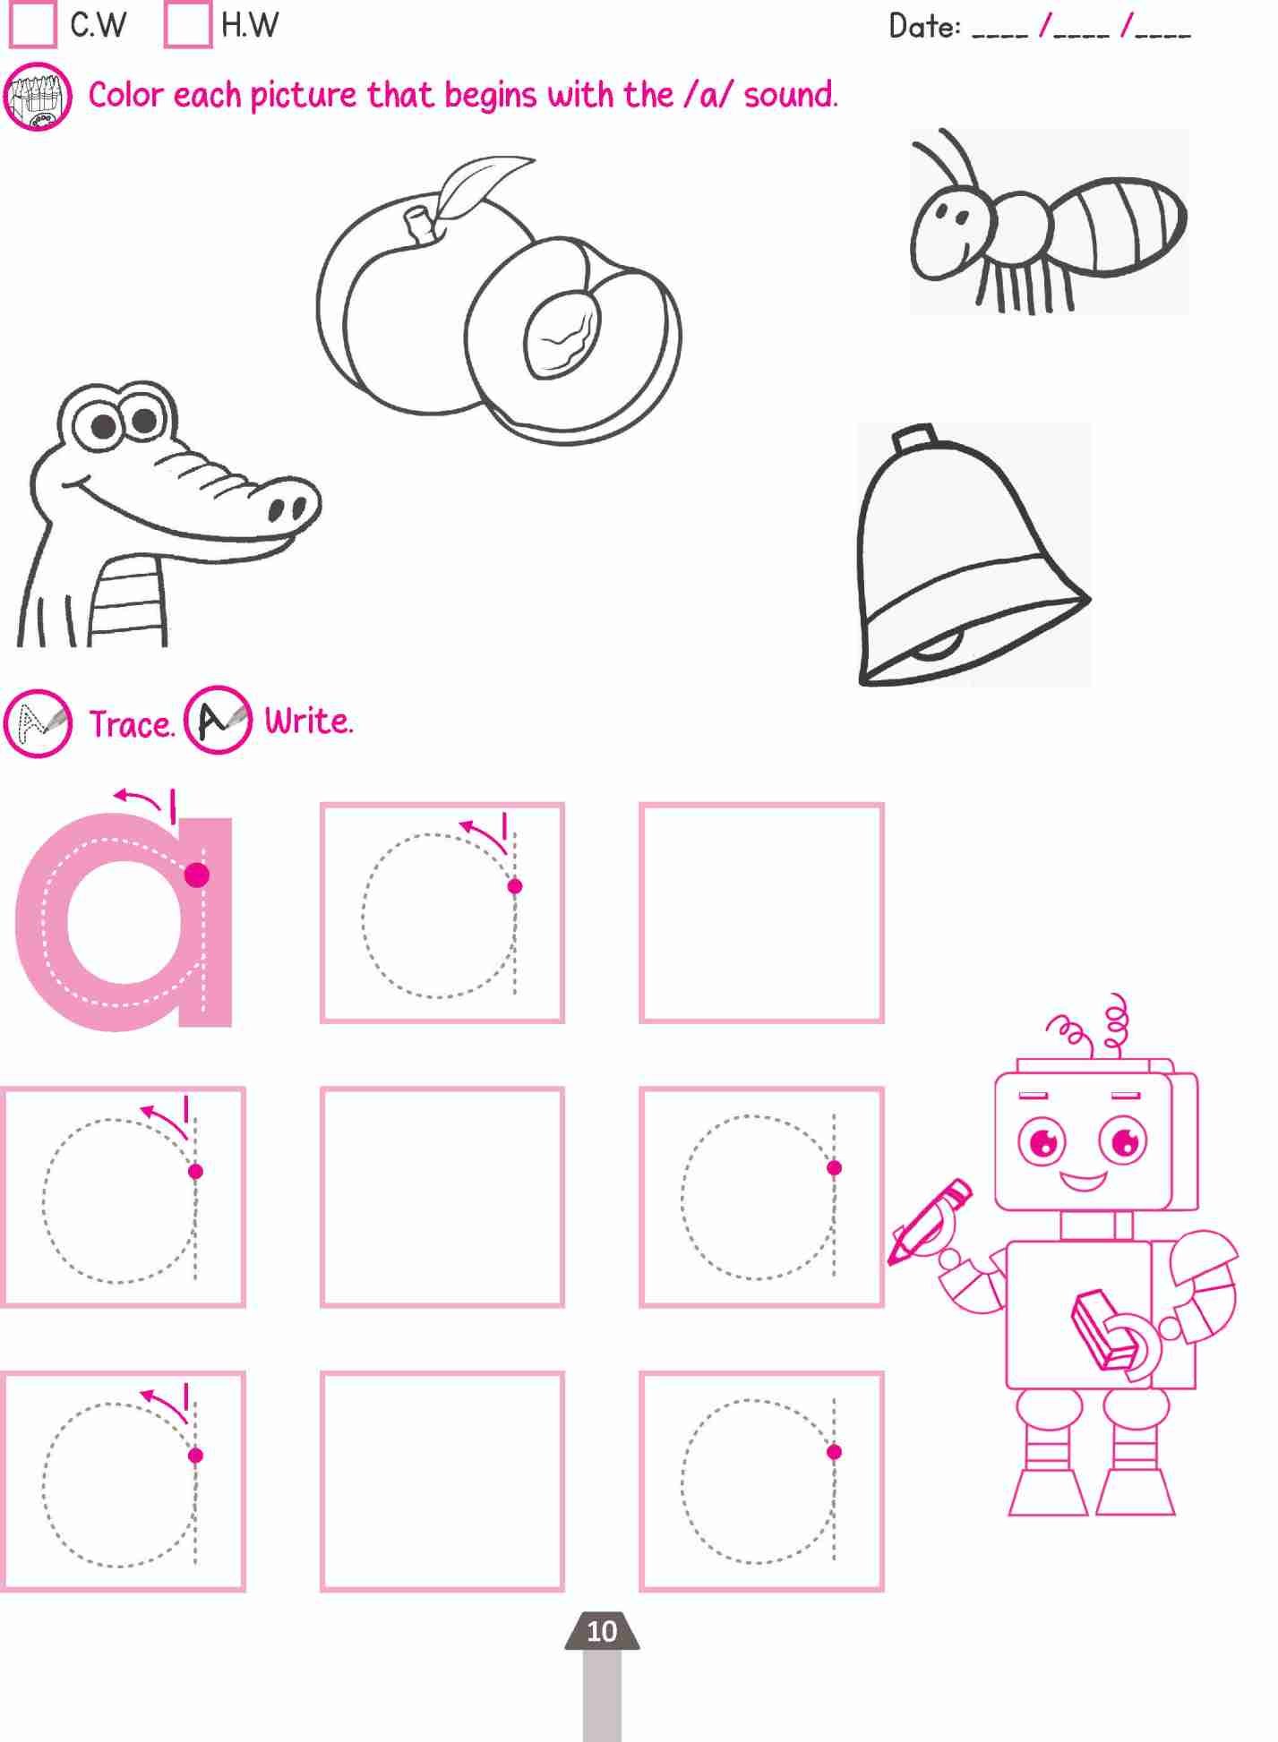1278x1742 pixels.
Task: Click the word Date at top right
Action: click(924, 26)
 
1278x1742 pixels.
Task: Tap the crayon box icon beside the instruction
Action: click(38, 97)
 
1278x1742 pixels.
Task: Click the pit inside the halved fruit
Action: click(562, 332)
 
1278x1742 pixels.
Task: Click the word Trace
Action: click(132, 723)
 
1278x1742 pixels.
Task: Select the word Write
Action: click(308, 721)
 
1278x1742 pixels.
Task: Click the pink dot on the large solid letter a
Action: click(196, 875)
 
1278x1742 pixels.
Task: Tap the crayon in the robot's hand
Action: click(929, 1220)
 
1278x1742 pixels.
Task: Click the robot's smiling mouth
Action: click(1084, 1181)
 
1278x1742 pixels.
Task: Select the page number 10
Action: click(602, 1631)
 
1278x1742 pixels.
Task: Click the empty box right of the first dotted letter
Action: click(761, 913)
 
